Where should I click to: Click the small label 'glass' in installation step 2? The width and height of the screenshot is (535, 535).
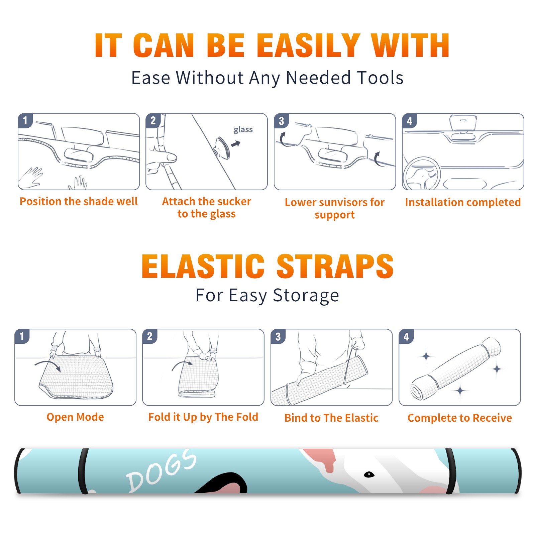pyautogui.click(x=243, y=129)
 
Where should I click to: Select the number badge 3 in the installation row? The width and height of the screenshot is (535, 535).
pyautogui.click(x=281, y=121)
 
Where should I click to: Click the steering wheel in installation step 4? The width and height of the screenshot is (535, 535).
pyautogui.click(x=422, y=174)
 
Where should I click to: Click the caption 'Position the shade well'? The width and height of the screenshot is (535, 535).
pyautogui.click(x=79, y=201)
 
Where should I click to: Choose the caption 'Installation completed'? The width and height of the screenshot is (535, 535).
pyautogui.click(x=463, y=202)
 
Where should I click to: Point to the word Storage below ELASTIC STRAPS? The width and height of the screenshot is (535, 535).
pyautogui.click(x=306, y=296)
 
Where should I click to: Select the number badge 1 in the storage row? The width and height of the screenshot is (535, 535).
pyautogui.click(x=22, y=336)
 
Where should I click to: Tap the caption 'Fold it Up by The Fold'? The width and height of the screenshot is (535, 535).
pyautogui.click(x=203, y=417)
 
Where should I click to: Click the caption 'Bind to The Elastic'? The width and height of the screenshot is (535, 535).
pyautogui.click(x=331, y=418)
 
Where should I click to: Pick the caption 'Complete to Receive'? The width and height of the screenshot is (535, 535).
pyautogui.click(x=460, y=418)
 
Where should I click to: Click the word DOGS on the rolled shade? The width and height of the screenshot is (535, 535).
pyautogui.click(x=161, y=470)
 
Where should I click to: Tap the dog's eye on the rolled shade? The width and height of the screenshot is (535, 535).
pyautogui.click(x=369, y=474)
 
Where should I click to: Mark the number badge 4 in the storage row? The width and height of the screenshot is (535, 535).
pyautogui.click(x=406, y=336)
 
